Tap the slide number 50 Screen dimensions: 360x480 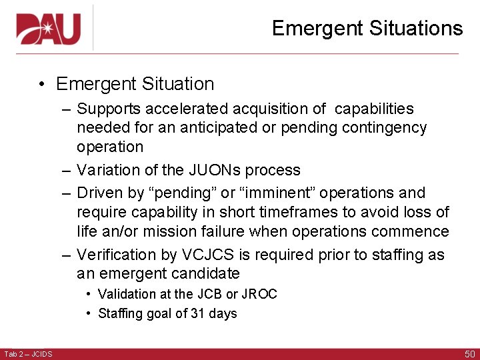(x=469, y=353)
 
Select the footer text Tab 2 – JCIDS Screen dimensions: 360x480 (x=28, y=353)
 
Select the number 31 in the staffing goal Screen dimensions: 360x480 (x=199, y=313)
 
